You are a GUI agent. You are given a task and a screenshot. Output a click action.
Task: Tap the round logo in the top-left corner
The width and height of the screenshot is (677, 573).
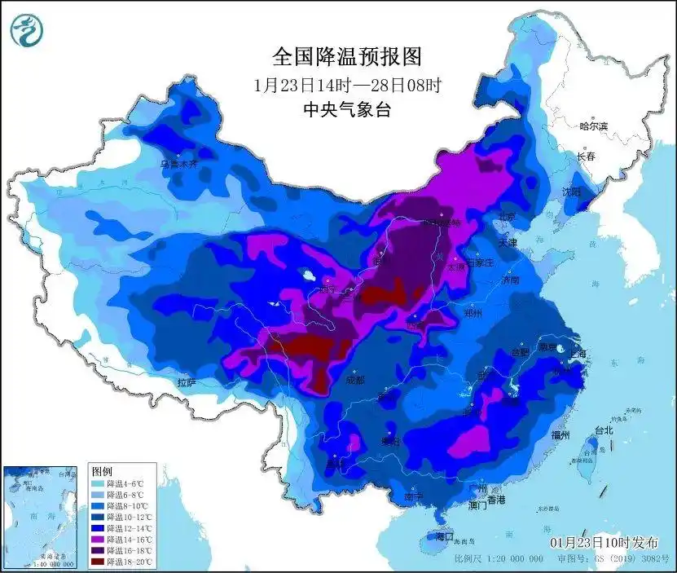(27, 30)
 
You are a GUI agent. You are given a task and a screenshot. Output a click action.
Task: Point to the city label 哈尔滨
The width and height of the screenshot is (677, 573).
(593, 126)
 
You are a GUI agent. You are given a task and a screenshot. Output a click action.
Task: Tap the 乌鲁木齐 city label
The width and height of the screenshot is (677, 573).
(178, 164)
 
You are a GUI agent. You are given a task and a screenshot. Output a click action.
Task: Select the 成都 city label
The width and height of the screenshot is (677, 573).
(356, 379)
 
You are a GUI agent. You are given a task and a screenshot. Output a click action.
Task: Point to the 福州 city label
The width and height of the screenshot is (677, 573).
(561, 435)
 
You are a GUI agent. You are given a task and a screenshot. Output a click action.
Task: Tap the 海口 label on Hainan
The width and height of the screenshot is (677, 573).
(443, 537)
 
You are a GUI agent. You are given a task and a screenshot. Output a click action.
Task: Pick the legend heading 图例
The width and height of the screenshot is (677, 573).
(102, 472)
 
